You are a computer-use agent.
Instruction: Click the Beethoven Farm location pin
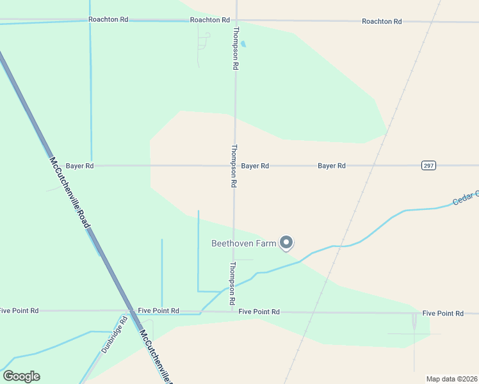pyautogui.click(x=288, y=243)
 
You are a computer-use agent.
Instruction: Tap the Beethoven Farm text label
pyautogui.click(x=244, y=244)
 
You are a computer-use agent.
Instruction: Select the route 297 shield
pyautogui.click(x=429, y=165)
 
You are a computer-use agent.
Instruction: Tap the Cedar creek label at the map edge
pyautogui.click(x=466, y=198)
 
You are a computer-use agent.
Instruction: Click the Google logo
pyautogui.click(x=21, y=376)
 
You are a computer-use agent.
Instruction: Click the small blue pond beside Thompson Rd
pyautogui.click(x=243, y=44)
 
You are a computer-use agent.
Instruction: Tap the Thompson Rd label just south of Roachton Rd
pyautogui.click(x=236, y=48)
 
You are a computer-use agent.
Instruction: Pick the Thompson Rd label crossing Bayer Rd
pyautogui.click(x=234, y=165)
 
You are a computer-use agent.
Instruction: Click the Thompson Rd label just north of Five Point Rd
pyautogui.click(x=232, y=283)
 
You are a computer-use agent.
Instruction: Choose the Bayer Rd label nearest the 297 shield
pyautogui.click(x=332, y=166)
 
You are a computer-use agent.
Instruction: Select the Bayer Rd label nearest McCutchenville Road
pyautogui.click(x=80, y=166)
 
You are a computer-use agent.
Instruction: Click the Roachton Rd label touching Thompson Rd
pyautogui.click(x=210, y=20)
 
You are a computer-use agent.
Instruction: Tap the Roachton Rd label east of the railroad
pyautogui.click(x=382, y=21)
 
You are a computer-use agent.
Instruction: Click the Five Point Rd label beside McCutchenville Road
pyautogui.click(x=158, y=310)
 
